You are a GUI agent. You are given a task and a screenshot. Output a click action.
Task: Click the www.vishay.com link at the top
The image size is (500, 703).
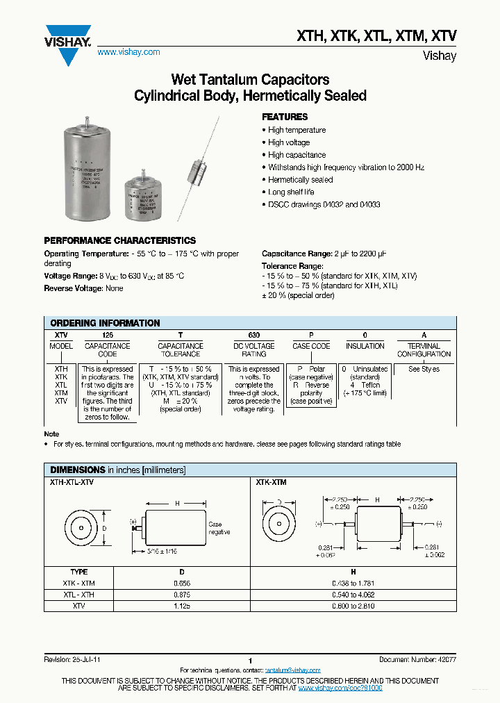128,52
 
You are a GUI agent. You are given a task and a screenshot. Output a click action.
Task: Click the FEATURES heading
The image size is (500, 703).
284,117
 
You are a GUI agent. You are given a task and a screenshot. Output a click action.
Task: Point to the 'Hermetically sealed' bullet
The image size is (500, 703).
300,179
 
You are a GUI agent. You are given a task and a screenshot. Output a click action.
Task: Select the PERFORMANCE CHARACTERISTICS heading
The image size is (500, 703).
119,240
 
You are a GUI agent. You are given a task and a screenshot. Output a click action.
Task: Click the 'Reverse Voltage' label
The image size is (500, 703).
74,288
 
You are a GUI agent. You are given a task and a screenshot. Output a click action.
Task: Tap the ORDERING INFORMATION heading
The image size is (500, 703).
105,323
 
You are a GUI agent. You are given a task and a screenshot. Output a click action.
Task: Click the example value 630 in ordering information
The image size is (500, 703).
253,334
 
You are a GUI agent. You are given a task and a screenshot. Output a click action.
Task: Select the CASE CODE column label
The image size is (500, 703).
311,346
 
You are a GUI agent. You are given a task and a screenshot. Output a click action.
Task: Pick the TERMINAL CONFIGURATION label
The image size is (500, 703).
424,349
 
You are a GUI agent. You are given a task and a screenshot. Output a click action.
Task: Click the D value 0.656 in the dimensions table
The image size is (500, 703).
182,584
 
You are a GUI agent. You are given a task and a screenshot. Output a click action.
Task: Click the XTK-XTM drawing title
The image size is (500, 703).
271,481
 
